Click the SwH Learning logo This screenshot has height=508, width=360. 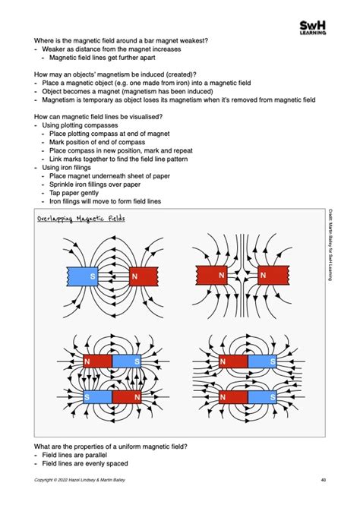point(313,27)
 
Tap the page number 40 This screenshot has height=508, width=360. point(324,480)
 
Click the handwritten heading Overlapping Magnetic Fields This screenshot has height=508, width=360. point(81,219)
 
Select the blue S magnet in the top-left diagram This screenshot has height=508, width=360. point(82,276)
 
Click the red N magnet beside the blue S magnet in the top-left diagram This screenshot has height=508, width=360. point(144,276)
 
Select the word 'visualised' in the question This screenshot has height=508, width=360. point(145,117)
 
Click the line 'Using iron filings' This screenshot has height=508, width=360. point(66,168)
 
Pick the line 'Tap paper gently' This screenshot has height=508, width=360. point(74,193)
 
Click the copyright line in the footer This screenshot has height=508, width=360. point(80,480)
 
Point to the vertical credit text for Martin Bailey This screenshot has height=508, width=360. point(330,245)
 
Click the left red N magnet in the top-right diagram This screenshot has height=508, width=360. point(212,276)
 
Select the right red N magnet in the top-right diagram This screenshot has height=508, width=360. point(273,276)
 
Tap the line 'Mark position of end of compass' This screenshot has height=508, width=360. point(97,142)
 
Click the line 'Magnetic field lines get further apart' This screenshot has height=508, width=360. point(102,58)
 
